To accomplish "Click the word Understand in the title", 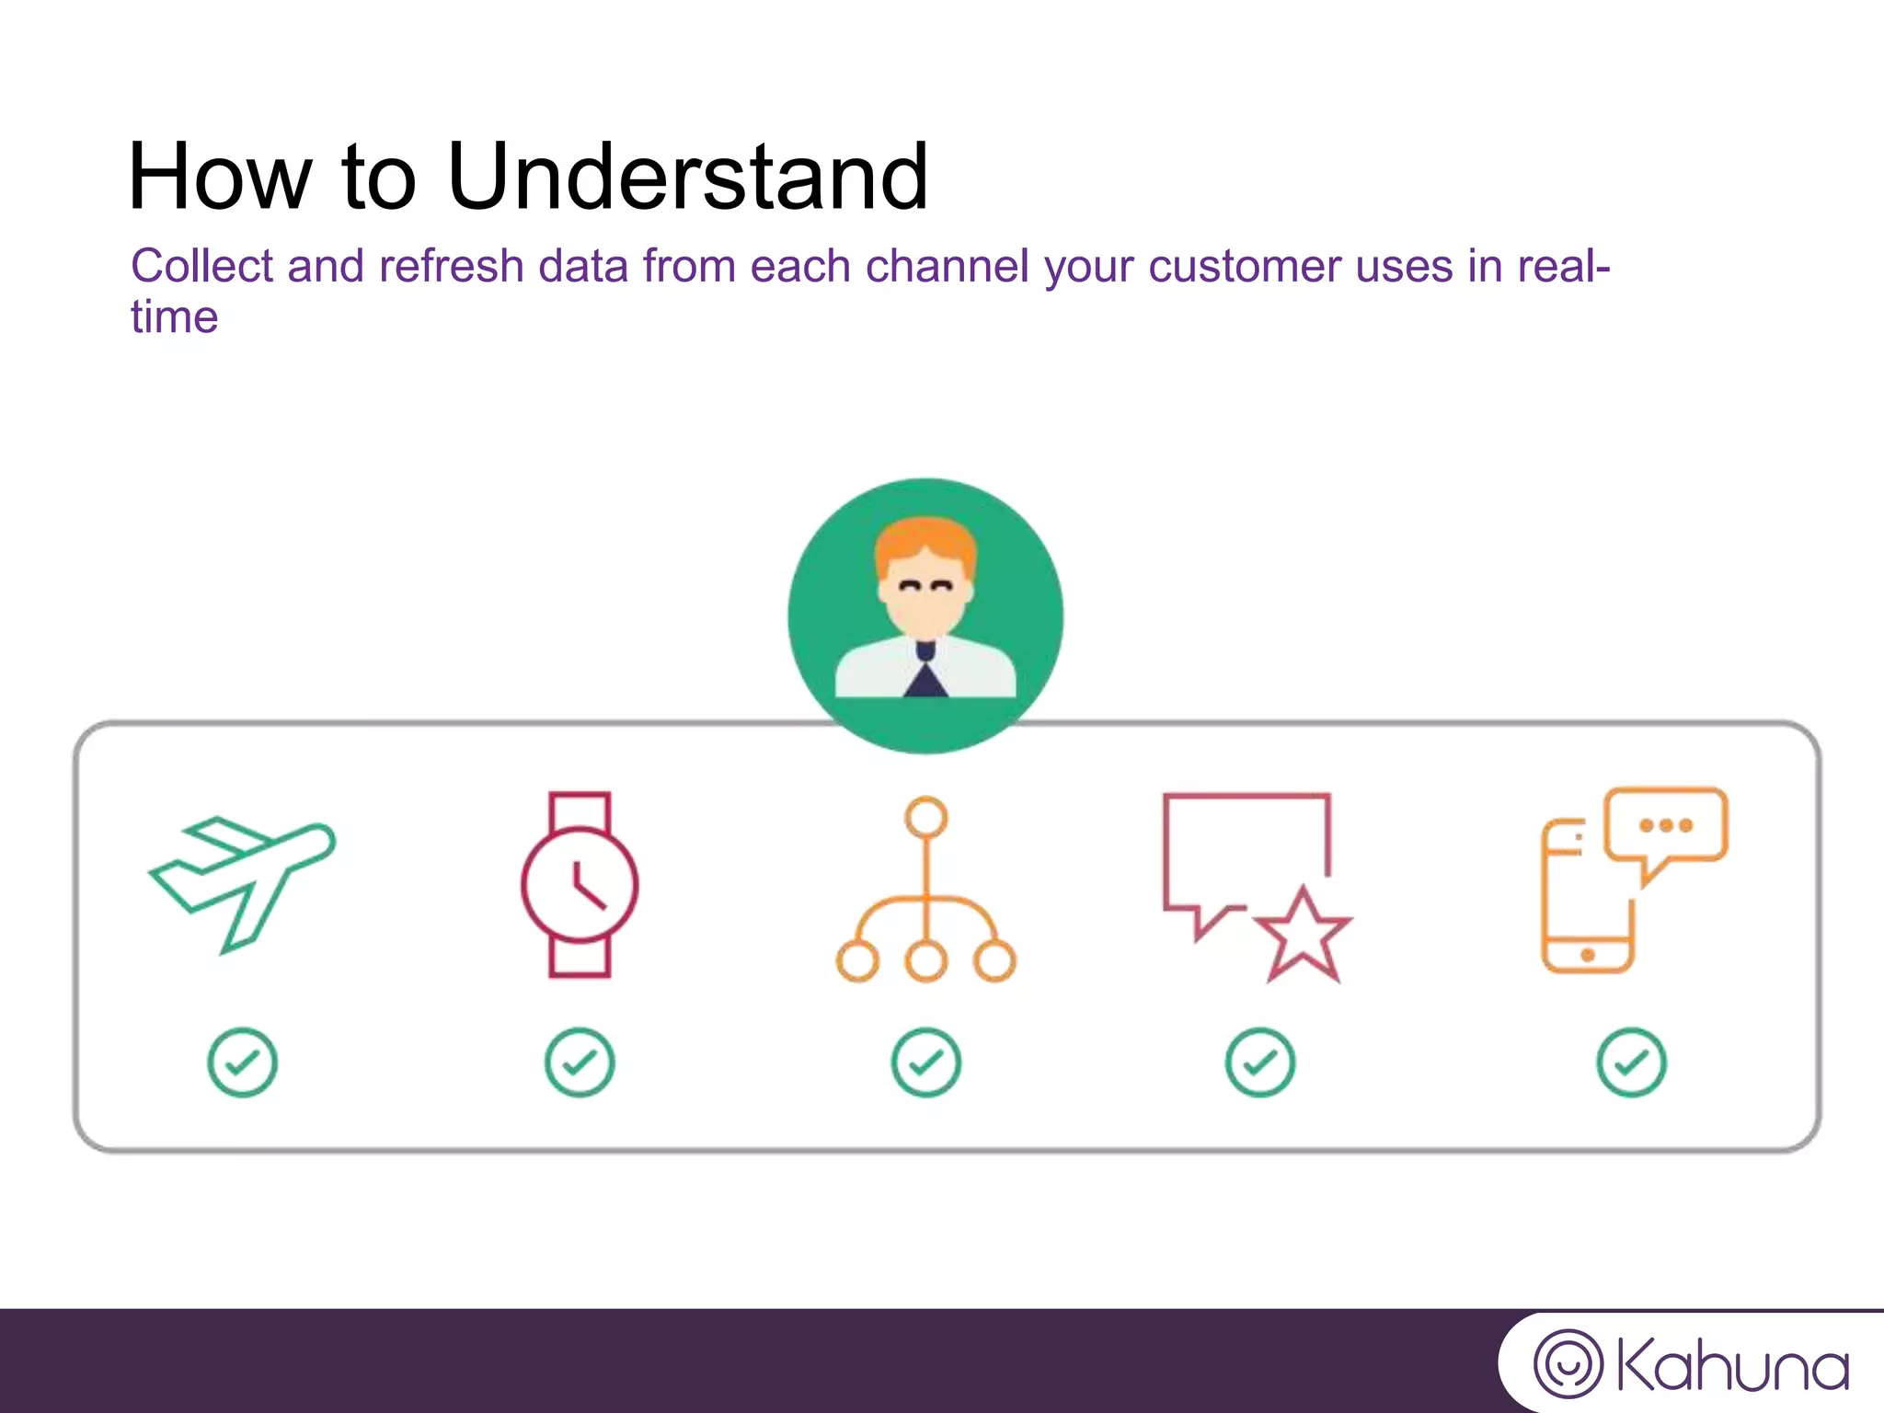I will coord(687,177).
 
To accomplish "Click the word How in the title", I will coord(220,177).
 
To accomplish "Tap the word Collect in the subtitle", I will coord(201,267).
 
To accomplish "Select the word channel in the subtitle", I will coord(947,267).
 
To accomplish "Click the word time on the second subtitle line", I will coord(174,317).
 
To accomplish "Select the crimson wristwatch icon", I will coord(580,884).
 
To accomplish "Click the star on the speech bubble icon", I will coord(1303,936).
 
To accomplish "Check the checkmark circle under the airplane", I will coord(242,1063).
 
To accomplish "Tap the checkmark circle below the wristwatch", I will coord(580,1063).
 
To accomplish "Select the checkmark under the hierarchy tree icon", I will coord(925,1063).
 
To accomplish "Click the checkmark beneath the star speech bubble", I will coord(1260,1063).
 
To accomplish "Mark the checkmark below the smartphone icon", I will coord(1631,1063).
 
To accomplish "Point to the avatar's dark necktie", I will coord(925,676).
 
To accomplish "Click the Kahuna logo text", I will coord(1731,1367).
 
